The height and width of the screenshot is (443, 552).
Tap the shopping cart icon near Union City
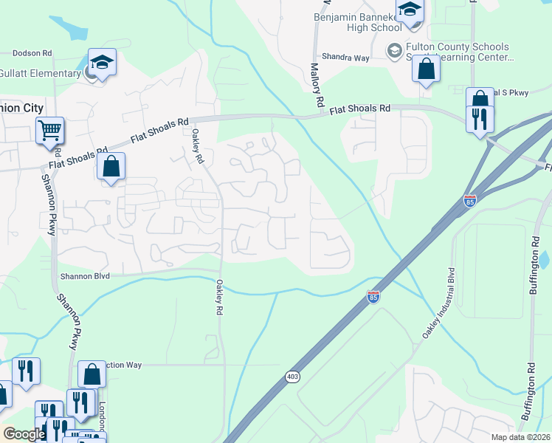click(x=50, y=131)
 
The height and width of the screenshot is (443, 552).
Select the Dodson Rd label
click(x=32, y=54)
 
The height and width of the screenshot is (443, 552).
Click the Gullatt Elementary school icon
click(x=102, y=63)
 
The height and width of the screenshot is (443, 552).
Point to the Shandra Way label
click(x=344, y=57)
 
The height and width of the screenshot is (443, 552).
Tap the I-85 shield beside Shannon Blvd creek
click(x=373, y=297)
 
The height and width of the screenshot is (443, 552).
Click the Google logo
click(x=24, y=433)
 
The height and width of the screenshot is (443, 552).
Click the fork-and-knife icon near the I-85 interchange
click(x=480, y=118)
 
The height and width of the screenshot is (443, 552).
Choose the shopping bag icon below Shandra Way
click(x=427, y=69)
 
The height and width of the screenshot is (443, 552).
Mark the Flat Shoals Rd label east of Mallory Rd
click(x=359, y=108)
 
